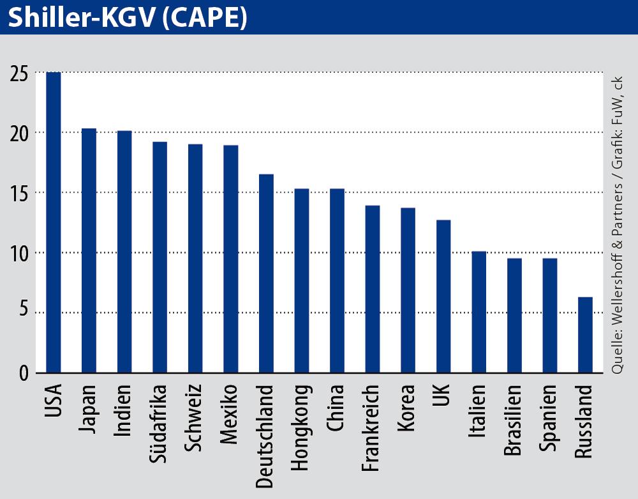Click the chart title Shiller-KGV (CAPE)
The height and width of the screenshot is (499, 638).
(x=127, y=18)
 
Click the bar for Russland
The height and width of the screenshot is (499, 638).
(x=585, y=334)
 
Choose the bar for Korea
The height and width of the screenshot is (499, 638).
(x=408, y=290)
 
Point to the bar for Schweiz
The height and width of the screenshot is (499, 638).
(x=195, y=258)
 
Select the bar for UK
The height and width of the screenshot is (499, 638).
(x=443, y=296)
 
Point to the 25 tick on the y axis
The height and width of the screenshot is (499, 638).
(x=19, y=73)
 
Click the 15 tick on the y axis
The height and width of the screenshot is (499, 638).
(x=19, y=193)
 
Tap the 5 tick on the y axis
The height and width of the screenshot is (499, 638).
(x=23, y=313)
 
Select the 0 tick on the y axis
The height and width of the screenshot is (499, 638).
(x=23, y=373)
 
